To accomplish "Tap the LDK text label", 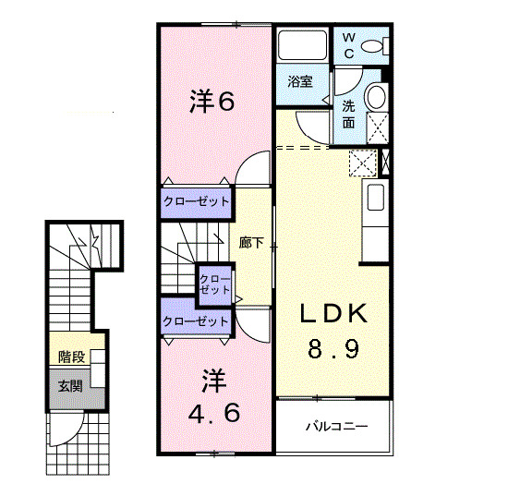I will (x=333, y=314).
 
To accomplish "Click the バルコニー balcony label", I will (x=335, y=427).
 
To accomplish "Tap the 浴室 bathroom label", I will (x=300, y=81).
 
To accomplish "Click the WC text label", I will (x=349, y=45).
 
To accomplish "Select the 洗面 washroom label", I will (x=349, y=113).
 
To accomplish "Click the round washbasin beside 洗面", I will (x=376, y=96).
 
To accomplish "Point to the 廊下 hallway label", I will (x=252, y=244).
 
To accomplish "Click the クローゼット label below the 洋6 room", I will (x=196, y=201).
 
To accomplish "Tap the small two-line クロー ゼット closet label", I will (x=215, y=284).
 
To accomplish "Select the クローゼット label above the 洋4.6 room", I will (x=196, y=321).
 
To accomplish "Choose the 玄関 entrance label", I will (x=70, y=384).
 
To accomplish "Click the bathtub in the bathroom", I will (x=300, y=46).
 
